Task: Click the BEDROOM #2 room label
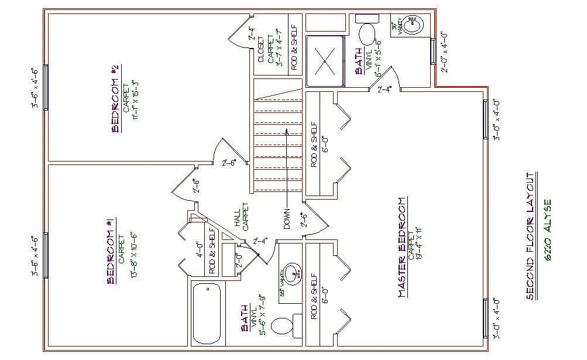[115, 98]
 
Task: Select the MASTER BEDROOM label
[402, 248]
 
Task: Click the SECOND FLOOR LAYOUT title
[530, 236]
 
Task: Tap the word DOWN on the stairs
[287, 219]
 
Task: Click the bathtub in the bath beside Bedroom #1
[207, 314]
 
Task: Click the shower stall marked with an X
[324, 61]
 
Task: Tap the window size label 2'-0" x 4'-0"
[445, 52]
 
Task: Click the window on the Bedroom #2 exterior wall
[46, 87]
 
